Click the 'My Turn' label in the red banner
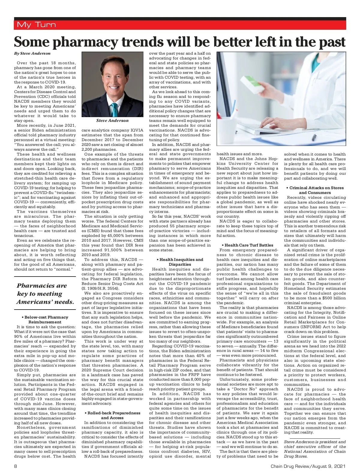click(36, 25)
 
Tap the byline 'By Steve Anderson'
click(32, 53)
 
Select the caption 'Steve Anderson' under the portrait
click(112, 121)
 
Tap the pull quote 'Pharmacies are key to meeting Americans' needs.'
click(45, 294)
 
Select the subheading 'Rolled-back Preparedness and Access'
click(112, 415)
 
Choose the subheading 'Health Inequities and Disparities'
click(180, 262)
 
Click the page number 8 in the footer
click(16, 466)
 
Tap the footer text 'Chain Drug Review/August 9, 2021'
click(308, 466)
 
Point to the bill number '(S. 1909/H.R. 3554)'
click(100, 288)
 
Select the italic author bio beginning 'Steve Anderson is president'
click(315, 449)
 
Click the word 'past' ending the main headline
click(332, 42)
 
